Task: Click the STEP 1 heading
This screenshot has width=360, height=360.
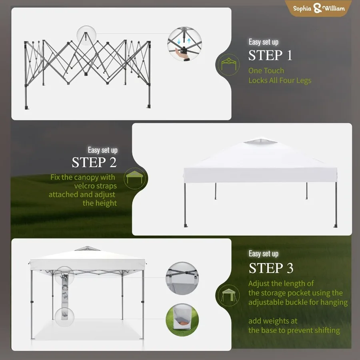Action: tap(270, 56)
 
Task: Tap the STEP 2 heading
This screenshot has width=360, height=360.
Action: tap(94, 163)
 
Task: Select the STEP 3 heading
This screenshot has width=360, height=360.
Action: tap(271, 268)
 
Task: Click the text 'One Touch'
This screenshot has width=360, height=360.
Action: tap(266, 71)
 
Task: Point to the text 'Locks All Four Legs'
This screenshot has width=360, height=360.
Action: tap(280, 80)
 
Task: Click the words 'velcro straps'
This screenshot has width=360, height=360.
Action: tap(96, 186)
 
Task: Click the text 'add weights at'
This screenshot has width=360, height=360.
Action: tap(273, 321)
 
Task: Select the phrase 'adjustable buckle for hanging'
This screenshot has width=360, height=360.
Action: tap(298, 302)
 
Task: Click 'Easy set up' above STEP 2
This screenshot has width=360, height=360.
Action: tap(103, 150)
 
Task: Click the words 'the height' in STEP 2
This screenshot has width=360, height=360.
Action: tap(100, 203)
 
